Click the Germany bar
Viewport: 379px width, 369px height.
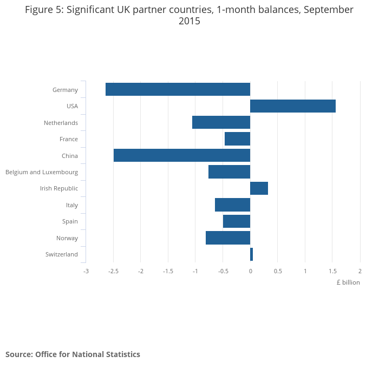[178, 89]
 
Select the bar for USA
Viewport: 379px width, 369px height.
[293, 106]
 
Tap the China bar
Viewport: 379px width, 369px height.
[182, 155]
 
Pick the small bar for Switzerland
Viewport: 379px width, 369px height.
[251, 254]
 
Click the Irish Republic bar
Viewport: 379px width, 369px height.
[259, 188]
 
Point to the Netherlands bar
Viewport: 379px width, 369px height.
[221, 122]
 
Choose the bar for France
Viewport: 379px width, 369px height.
[237, 139]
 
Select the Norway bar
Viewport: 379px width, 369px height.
[228, 238]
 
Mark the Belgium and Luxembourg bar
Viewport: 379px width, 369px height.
[229, 172]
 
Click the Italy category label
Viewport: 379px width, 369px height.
[71, 205]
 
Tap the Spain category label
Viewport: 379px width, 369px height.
[70, 221]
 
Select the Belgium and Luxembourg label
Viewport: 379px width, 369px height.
[42, 172]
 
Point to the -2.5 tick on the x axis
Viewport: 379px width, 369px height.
[113, 271]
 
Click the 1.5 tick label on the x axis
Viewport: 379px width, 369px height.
[332, 271]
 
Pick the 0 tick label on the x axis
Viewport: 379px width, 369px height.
[250, 271]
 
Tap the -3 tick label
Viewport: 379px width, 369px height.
[86, 271]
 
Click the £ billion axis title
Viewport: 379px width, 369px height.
[348, 282]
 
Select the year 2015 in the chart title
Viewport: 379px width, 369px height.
[189, 22]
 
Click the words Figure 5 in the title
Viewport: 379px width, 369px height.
[43, 10]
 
